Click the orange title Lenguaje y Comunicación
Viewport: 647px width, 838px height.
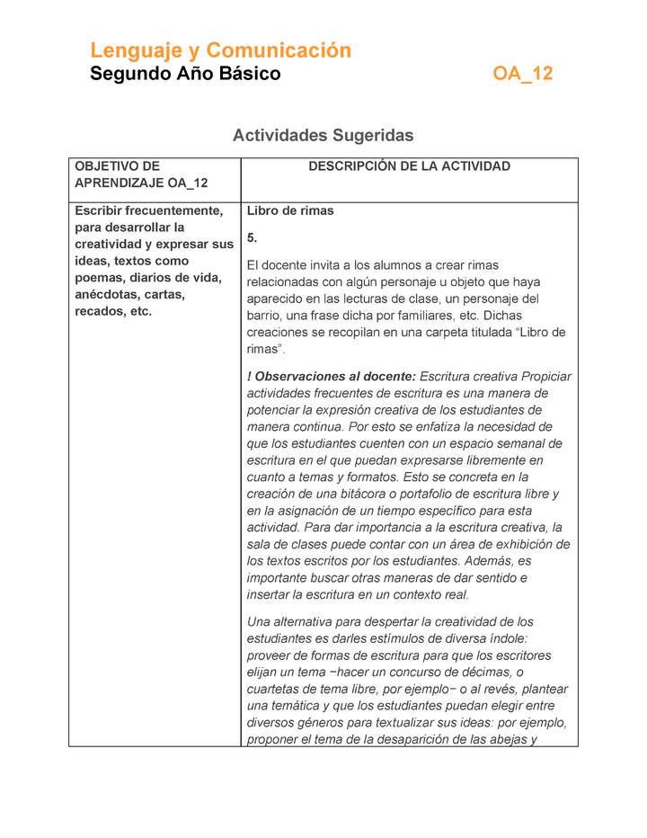point(220,50)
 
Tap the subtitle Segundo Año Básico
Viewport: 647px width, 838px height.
point(185,74)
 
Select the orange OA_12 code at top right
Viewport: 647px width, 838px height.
point(522,74)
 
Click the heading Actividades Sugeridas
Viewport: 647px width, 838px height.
point(323,136)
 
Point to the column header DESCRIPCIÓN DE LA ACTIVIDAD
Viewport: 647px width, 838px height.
point(409,166)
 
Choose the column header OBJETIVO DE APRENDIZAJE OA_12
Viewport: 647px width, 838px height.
point(141,174)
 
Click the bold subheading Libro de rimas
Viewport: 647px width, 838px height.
point(290,211)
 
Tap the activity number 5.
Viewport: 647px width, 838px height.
point(253,237)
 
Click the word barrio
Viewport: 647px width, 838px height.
point(266,316)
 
